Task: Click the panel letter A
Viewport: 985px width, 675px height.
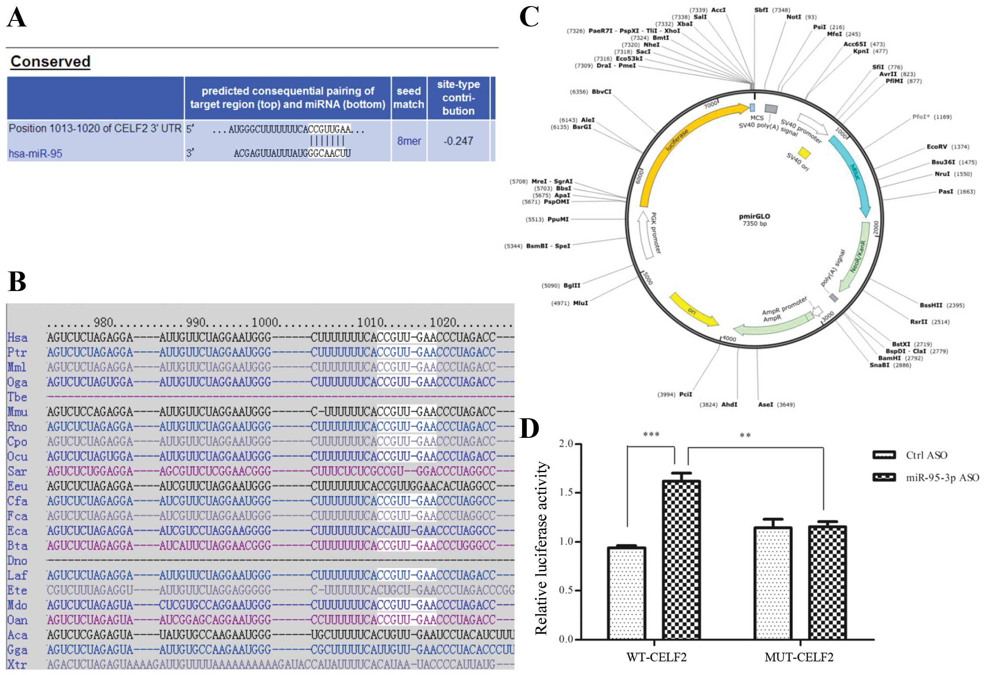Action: (x=17, y=18)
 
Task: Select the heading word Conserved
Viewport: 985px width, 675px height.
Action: (x=50, y=62)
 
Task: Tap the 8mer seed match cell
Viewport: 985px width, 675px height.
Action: (x=409, y=141)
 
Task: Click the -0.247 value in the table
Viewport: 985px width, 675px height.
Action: (x=458, y=141)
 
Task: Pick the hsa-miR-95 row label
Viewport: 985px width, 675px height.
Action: (x=36, y=154)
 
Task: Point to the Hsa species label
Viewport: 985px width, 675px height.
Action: (x=17, y=338)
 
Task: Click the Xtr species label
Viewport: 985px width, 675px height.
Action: (x=17, y=665)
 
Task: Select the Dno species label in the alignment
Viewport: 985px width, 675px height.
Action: (x=17, y=561)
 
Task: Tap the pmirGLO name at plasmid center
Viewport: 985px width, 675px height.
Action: (x=754, y=216)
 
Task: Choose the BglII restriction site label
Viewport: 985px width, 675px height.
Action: (x=572, y=285)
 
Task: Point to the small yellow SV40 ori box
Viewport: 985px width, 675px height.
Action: (x=804, y=153)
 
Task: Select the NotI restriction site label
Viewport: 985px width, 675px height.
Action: (x=793, y=17)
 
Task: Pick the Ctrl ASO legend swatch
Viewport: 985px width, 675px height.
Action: (x=884, y=455)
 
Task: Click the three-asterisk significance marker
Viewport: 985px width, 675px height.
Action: (x=651, y=435)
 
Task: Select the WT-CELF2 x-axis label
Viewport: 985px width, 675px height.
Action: (x=656, y=657)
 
